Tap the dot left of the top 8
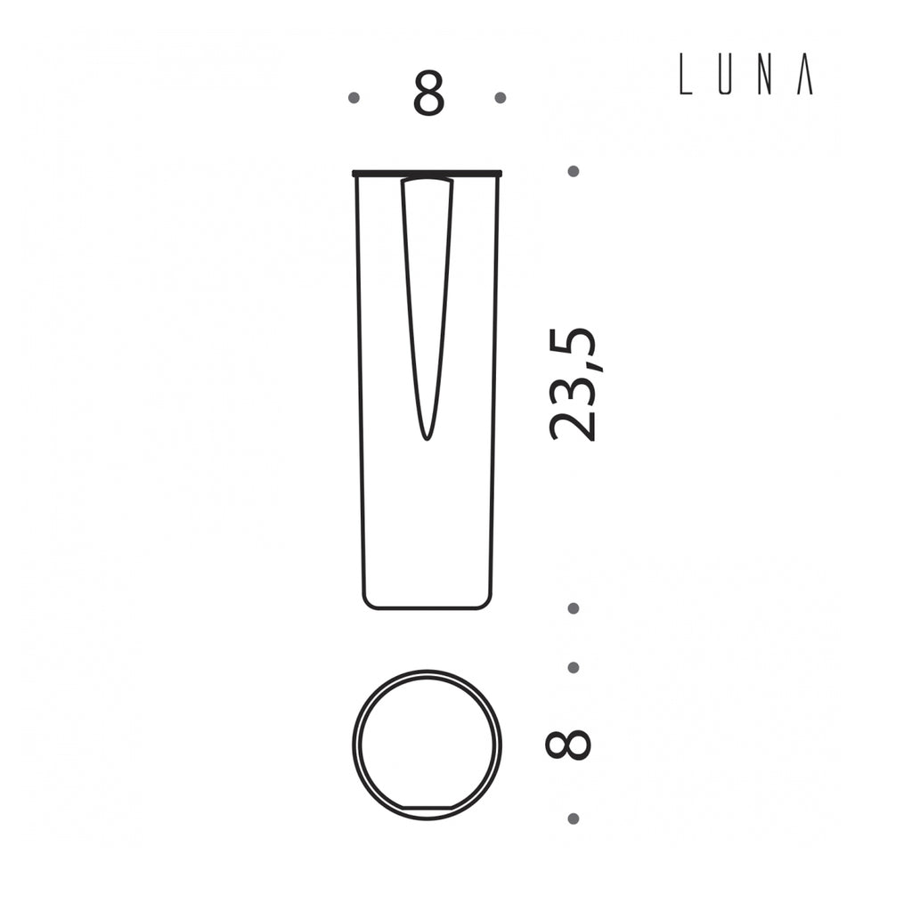pyautogui.click(x=354, y=98)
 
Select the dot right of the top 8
pyautogui.click(x=501, y=98)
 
